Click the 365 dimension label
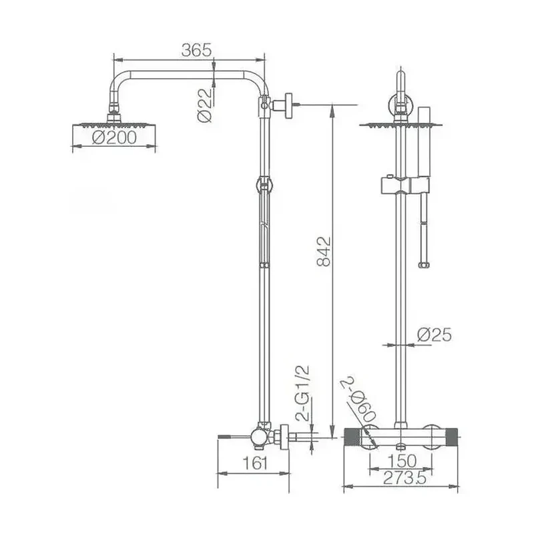pyautogui.click(x=196, y=50)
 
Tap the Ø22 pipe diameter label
pyautogui.click(x=204, y=105)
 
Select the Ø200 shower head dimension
pyautogui.click(x=114, y=138)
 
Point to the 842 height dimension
pyautogui.click(x=324, y=251)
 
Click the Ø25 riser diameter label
pyautogui.click(x=435, y=335)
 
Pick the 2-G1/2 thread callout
pyautogui.click(x=303, y=392)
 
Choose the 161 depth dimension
pyautogui.click(x=255, y=463)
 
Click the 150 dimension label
pyautogui.click(x=402, y=461)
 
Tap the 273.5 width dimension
pyautogui.click(x=405, y=478)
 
